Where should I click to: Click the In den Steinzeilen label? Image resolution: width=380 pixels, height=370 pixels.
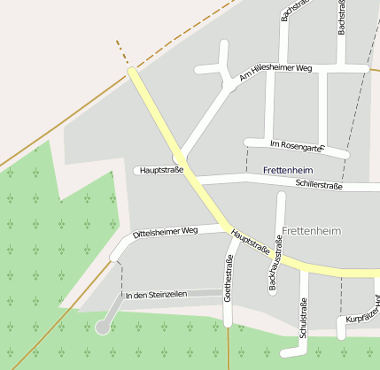(x=157, y=295)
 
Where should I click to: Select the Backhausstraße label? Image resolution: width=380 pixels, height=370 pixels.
(x=273, y=265)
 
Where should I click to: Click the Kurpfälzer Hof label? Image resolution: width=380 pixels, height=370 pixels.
(x=362, y=312)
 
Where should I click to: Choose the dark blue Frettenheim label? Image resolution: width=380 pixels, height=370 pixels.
(x=289, y=169)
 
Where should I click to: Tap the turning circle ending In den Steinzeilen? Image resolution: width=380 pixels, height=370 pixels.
(x=103, y=328)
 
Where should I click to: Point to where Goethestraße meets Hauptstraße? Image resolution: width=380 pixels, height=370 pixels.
(x=232, y=235)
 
